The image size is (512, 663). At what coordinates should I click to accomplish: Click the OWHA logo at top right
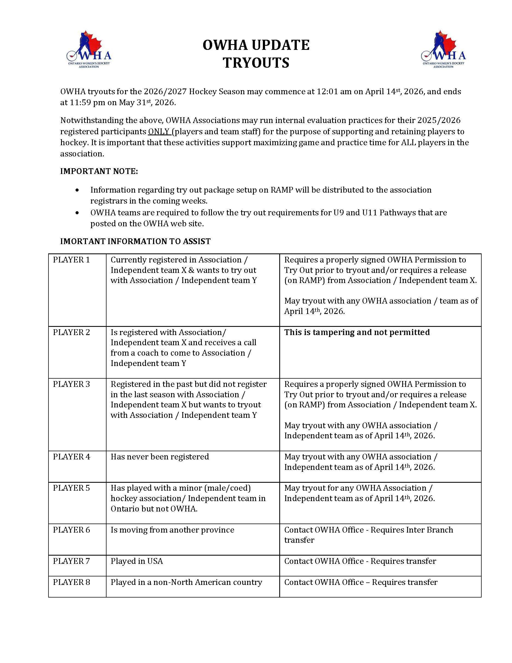point(443,50)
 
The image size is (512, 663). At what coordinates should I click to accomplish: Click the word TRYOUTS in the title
point(256,63)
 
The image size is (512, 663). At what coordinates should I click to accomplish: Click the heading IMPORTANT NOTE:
point(99,171)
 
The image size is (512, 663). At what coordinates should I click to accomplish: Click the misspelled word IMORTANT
point(79,241)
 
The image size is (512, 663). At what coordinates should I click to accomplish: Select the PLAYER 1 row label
point(71,260)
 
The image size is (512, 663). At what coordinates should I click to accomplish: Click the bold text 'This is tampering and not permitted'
point(357,332)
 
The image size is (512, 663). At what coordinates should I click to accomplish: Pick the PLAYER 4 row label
point(71,457)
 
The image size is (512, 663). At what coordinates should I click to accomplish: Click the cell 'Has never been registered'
point(160,457)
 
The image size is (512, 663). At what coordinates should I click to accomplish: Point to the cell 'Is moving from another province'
point(172,530)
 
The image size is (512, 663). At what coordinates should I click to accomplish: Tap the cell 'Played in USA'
point(137,561)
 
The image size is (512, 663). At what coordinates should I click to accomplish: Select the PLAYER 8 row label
point(71,582)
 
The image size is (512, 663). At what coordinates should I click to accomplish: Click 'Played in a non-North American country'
point(186,582)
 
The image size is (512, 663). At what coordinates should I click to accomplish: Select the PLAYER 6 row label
point(71,530)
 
